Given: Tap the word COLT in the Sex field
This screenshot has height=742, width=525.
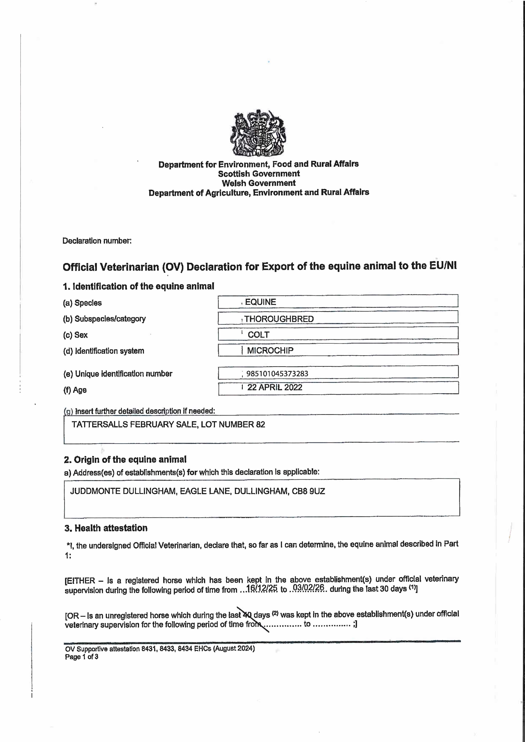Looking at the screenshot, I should pos(258,335).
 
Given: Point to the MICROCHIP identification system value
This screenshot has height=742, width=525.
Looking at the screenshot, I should pos(270,350).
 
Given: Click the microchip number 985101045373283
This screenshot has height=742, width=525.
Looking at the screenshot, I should pos(277,374).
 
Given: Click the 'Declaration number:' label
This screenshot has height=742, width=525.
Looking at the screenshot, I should pos(97,241).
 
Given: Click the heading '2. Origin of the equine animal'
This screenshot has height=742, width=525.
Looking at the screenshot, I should pos(125,460).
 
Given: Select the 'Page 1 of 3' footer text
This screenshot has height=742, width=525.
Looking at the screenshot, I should pos(82,657).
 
